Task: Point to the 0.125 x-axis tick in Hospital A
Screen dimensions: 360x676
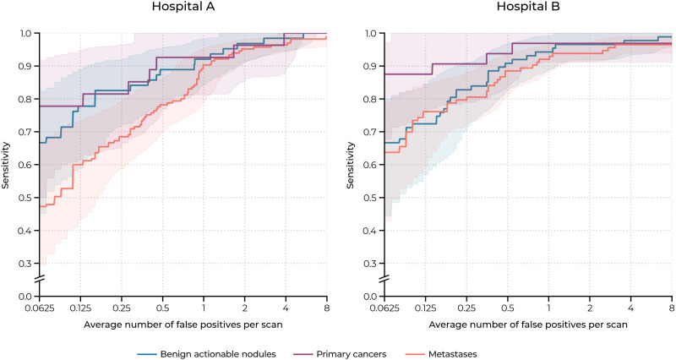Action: coord(80,309)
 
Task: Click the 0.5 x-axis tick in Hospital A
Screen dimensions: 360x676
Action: coord(162,309)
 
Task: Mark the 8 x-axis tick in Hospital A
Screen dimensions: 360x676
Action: coord(327,309)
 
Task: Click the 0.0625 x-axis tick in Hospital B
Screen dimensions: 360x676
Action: coord(384,309)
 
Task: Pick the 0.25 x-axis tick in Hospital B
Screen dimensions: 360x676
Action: coord(466,309)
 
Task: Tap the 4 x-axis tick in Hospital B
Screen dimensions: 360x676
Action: coord(630,309)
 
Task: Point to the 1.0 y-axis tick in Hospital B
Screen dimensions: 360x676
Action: coord(369,34)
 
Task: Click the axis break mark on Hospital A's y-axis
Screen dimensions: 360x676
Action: coord(39,280)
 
